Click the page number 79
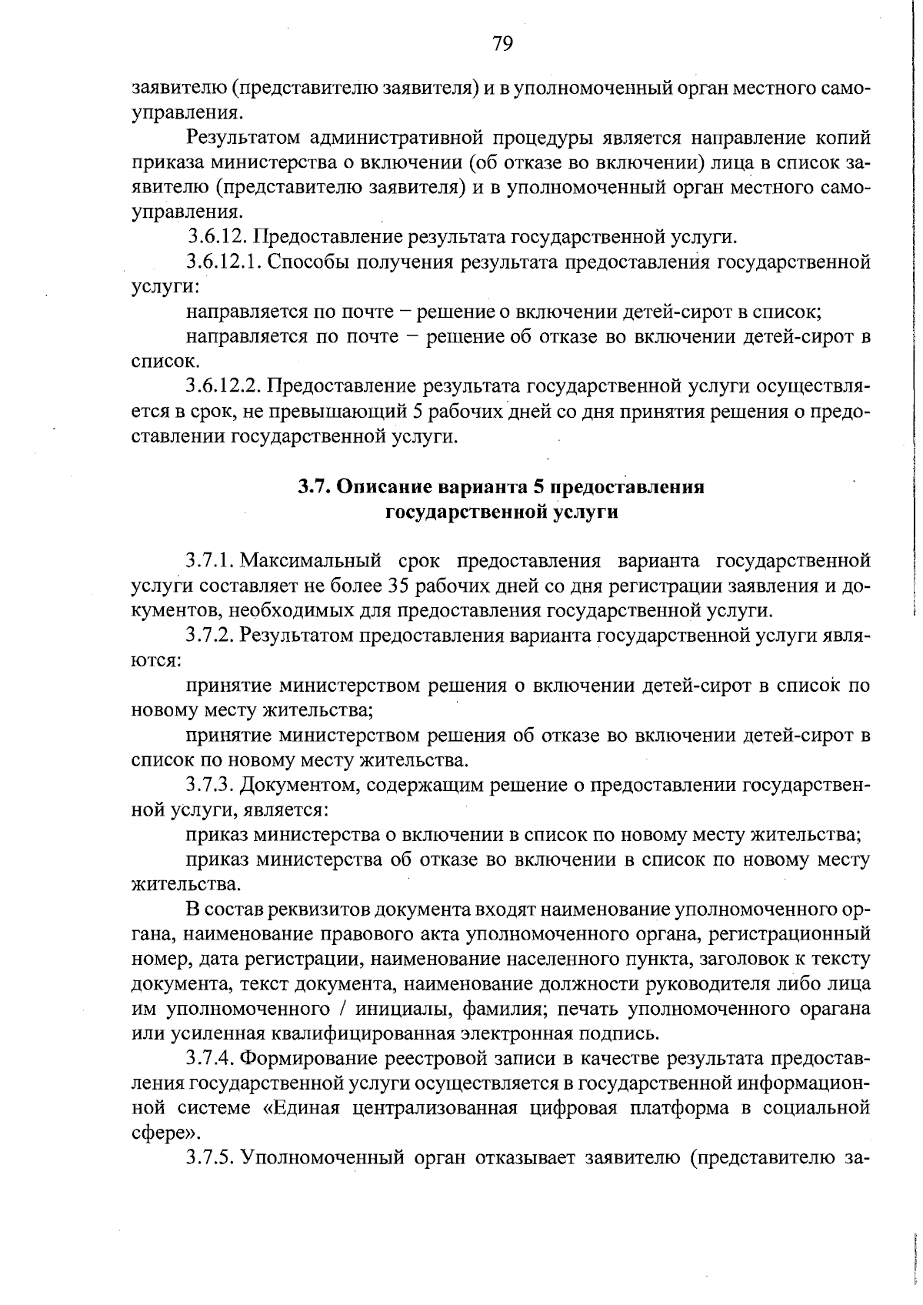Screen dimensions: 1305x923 click(503, 43)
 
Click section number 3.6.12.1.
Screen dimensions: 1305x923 click(224, 262)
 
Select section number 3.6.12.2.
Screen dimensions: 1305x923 click(224, 385)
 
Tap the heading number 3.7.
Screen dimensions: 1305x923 click(313, 488)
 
